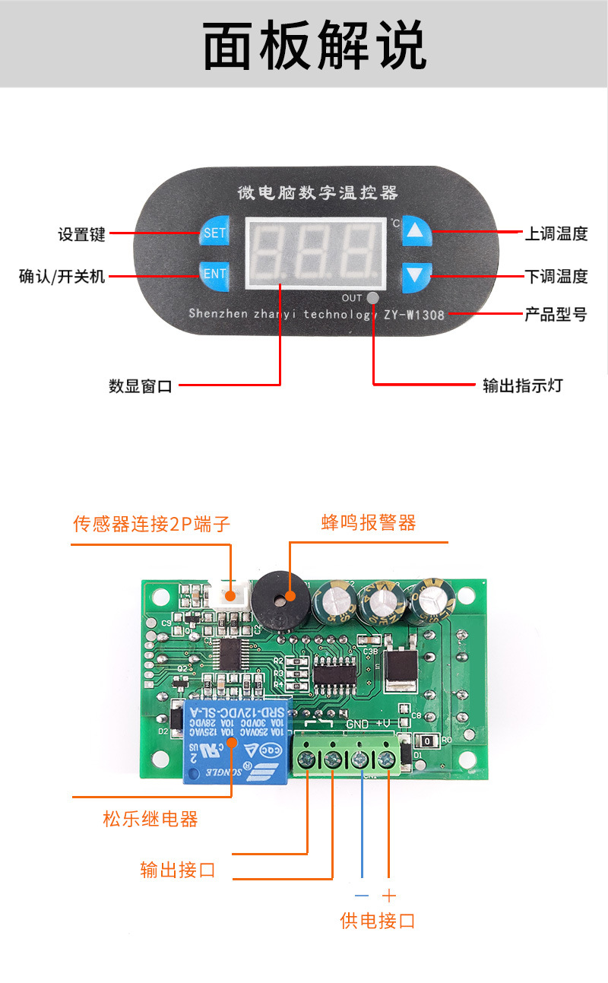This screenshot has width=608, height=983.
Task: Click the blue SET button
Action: click(214, 233)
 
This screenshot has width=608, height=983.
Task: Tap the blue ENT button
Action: click(214, 274)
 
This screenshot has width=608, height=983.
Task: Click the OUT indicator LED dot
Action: click(372, 298)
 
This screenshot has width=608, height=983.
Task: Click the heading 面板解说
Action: click(314, 46)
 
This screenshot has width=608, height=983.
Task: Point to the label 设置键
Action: click(81, 234)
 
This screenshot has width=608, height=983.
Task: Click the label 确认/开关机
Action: click(62, 276)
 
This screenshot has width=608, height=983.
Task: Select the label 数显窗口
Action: click(140, 386)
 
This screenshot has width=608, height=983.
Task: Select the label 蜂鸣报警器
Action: click(369, 522)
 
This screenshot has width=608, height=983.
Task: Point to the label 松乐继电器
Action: click(150, 819)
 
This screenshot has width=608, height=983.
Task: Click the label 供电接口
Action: click(378, 921)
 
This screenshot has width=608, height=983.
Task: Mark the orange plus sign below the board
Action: click(389, 896)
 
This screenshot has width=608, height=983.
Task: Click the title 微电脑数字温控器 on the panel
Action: click(317, 193)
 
